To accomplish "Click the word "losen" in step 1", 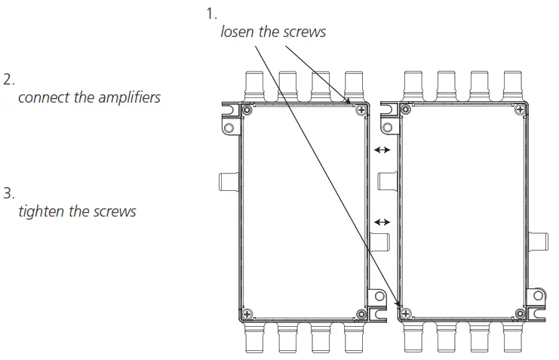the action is [x=237, y=32].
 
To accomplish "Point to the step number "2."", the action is [x=8, y=78].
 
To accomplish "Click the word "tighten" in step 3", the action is [x=41, y=211].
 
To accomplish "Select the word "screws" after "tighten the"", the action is [x=115, y=211].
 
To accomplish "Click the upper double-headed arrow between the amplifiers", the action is [x=382, y=150].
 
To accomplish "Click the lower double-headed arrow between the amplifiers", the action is [x=382, y=222].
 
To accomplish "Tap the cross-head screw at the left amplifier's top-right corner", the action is [x=362, y=111].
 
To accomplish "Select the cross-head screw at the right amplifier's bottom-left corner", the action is [x=405, y=312].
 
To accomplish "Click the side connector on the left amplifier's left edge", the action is [x=228, y=180].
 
